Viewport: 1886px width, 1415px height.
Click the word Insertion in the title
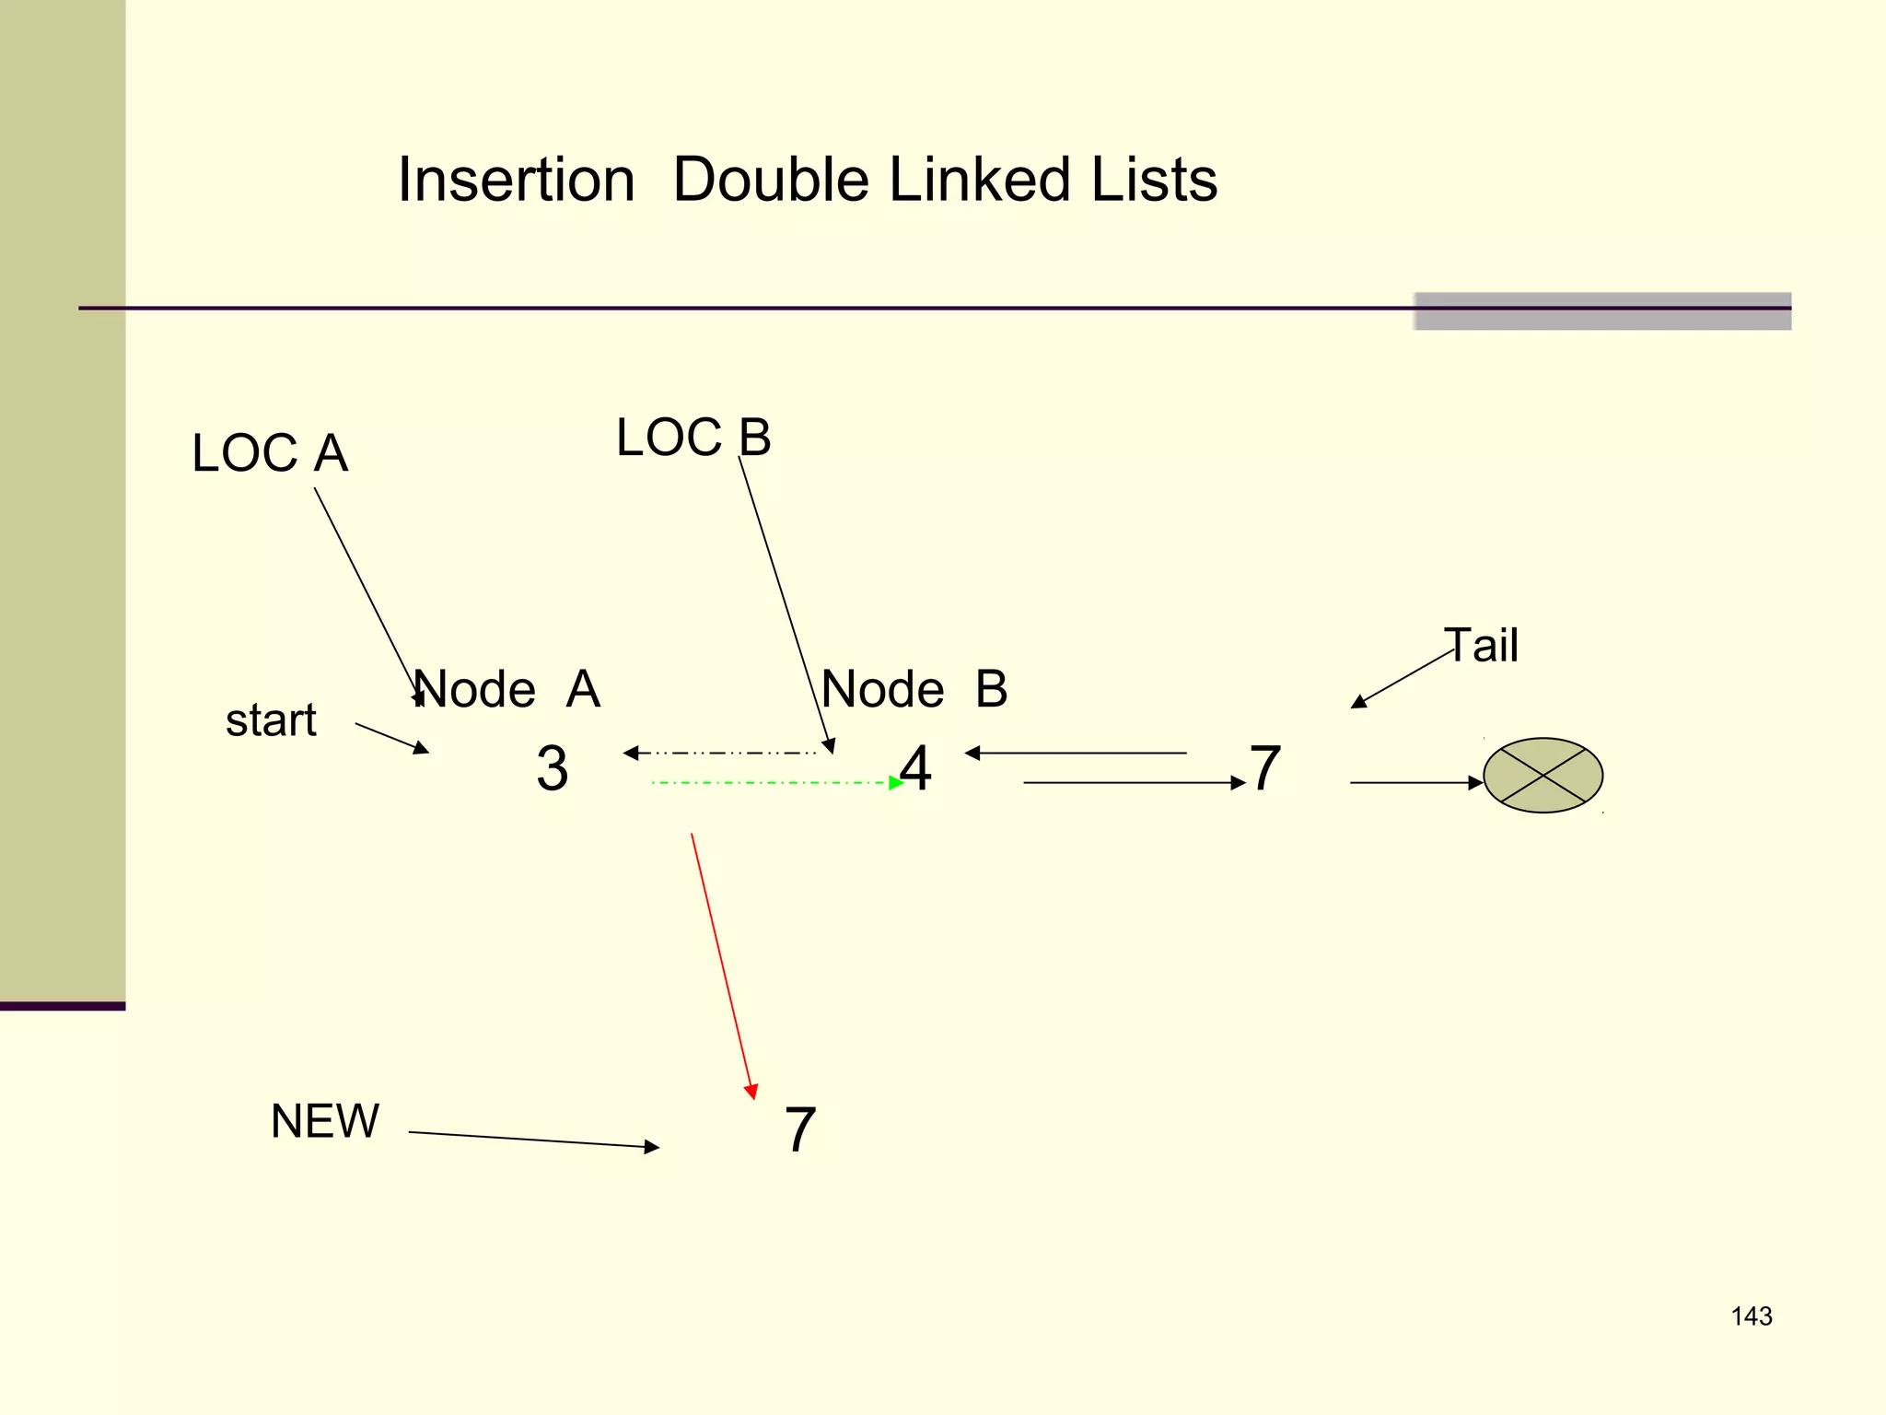516,180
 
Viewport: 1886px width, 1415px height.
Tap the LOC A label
270,453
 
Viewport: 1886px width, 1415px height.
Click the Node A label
507,689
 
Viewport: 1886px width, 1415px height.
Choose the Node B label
914,689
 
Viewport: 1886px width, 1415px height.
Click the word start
271,720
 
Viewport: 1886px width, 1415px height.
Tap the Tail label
1481,645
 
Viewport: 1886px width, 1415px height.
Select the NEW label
324,1121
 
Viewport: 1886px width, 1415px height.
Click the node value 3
552,768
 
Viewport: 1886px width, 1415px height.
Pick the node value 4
915,768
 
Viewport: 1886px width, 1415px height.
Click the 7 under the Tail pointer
1265,768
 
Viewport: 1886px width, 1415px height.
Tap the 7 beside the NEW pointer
799,1130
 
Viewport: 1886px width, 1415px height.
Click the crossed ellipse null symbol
1543,776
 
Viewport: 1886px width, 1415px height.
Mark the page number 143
1751,1316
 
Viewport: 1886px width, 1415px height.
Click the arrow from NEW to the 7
534,1140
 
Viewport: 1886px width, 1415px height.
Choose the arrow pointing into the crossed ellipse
1415,783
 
